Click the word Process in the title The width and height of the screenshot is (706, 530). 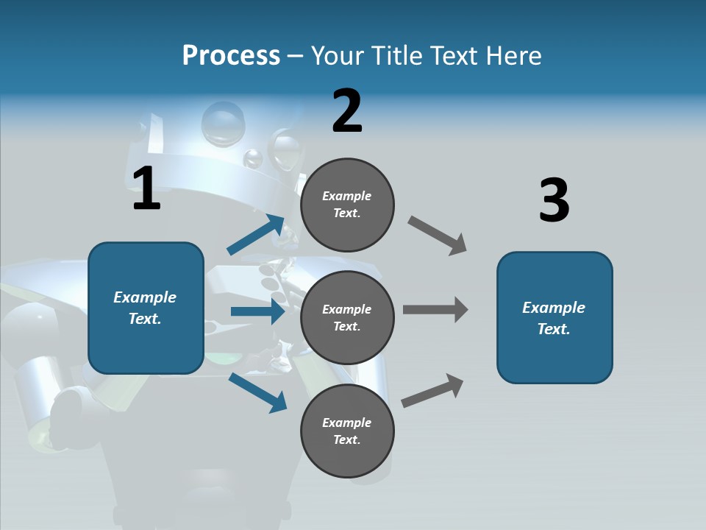(x=231, y=55)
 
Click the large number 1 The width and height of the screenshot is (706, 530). (x=146, y=189)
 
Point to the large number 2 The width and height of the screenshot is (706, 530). (x=347, y=111)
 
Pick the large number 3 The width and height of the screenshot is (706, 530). (x=554, y=200)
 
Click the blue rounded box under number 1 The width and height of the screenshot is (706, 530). (x=146, y=308)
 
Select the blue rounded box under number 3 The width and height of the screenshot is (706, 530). (x=555, y=317)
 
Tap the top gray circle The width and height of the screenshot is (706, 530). (x=347, y=205)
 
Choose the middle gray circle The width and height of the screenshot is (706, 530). (x=347, y=317)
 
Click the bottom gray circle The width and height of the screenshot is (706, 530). (x=347, y=431)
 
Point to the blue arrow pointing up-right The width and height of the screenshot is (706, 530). (x=255, y=235)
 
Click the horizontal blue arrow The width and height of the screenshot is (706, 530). (x=257, y=311)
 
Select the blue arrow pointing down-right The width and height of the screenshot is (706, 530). (x=257, y=392)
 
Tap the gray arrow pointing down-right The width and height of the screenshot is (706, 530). (x=438, y=235)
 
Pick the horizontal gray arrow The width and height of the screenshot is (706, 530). (x=435, y=310)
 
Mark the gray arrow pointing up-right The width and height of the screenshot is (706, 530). (x=432, y=390)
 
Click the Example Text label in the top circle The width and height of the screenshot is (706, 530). (x=347, y=205)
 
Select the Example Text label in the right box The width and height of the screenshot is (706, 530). (x=554, y=318)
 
